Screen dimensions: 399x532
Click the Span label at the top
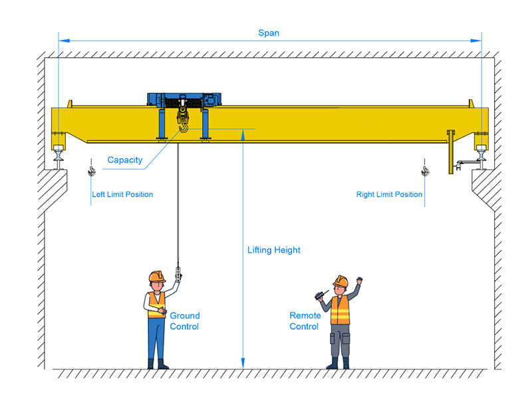(269, 33)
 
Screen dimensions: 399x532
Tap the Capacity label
(125, 160)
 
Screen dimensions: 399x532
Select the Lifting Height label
(274, 250)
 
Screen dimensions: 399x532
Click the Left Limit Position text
(122, 195)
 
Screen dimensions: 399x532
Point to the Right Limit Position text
(389, 195)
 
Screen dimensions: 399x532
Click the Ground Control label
(184, 321)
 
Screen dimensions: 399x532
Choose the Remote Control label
(305, 321)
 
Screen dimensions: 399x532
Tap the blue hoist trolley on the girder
(184, 100)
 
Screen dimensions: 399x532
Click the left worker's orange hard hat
(156, 275)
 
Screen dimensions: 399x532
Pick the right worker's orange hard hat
(340, 279)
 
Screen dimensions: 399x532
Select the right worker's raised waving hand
(359, 281)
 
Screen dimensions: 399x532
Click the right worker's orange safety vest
(340, 310)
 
